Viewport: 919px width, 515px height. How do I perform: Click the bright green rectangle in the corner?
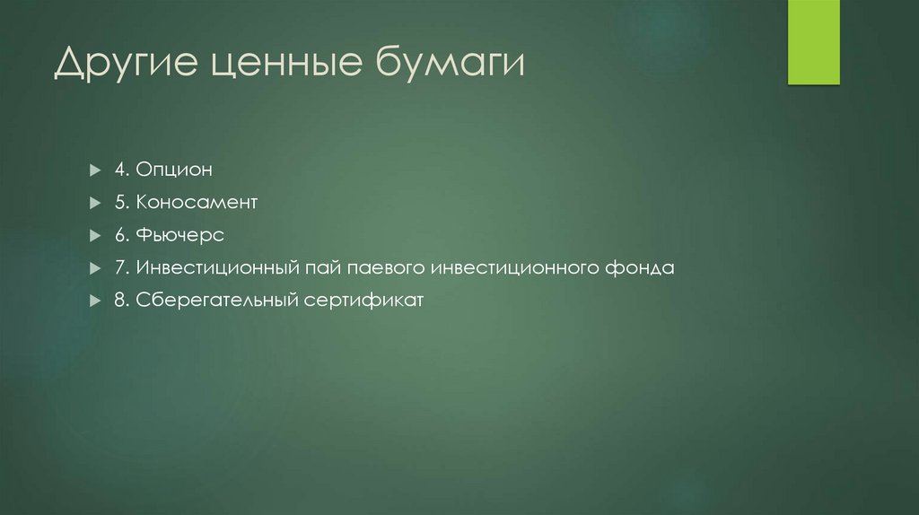tap(813, 42)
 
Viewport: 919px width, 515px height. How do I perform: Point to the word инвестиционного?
tap(513, 267)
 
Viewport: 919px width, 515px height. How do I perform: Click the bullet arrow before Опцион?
tap(95, 170)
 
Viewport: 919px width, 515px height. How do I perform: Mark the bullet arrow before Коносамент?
tap(95, 203)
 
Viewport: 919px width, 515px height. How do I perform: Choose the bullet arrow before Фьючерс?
tap(95, 235)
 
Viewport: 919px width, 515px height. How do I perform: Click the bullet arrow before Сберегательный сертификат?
tap(95, 301)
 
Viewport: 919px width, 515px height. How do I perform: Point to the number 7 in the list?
tap(118, 267)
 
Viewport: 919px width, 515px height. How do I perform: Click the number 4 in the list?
tap(118, 170)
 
